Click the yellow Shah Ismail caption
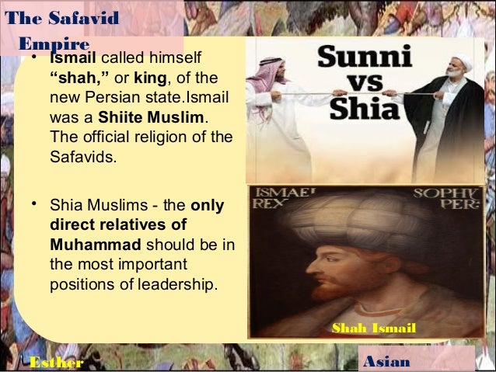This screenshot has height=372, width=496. coord(373,329)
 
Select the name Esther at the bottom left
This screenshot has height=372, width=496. coord(54,362)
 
